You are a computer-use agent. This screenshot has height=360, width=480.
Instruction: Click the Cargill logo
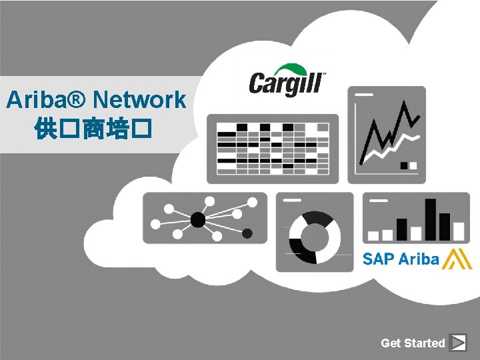click(287, 81)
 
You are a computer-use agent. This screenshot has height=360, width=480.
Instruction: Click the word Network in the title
click(140, 100)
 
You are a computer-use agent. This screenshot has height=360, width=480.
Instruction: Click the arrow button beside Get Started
click(458, 343)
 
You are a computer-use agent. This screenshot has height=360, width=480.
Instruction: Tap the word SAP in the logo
click(379, 259)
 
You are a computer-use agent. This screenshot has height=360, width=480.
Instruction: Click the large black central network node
click(197, 219)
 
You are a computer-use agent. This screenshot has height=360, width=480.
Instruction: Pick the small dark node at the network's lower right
click(247, 233)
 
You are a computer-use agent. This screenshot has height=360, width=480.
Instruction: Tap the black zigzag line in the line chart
click(390, 130)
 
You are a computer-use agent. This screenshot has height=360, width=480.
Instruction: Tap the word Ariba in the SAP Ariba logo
click(420, 259)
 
